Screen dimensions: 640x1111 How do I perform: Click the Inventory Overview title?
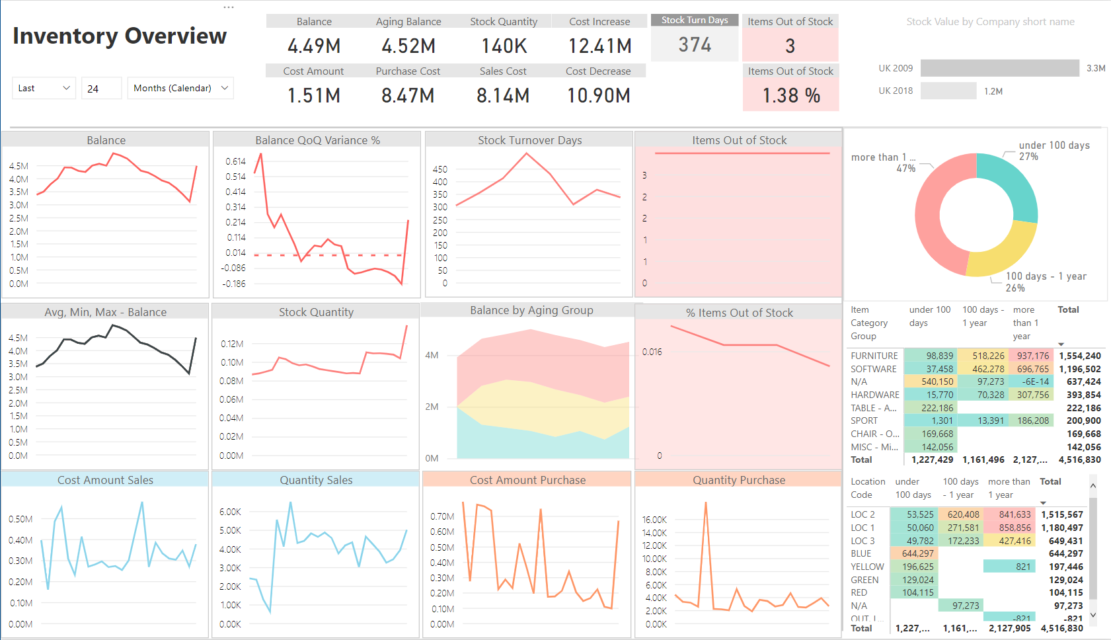coord(120,36)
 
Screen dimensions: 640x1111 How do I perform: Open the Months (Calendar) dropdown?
coord(180,88)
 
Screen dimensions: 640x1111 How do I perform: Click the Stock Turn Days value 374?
coord(695,45)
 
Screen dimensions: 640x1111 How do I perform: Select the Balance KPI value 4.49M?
coord(314,46)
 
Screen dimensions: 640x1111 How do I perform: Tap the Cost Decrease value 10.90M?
coord(598,96)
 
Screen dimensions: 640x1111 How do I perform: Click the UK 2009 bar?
coord(999,68)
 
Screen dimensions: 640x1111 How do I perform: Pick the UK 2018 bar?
coord(948,91)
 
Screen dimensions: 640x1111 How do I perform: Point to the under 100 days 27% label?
coord(1054,151)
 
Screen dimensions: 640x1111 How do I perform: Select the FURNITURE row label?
coord(874,356)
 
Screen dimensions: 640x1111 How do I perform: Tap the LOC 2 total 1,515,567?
coord(1061,514)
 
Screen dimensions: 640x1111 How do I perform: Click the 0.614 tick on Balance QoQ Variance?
coord(235,161)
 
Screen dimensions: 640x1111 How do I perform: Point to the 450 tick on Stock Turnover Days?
coord(440,169)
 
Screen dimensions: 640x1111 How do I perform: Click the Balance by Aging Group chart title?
coord(531,310)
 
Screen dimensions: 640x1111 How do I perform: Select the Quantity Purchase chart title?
coord(738,480)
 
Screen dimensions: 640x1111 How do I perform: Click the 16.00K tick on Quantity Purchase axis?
coord(654,520)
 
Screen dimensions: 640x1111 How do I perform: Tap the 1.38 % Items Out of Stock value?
coord(791,96)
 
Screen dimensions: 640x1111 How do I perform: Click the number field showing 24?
coord(100,88)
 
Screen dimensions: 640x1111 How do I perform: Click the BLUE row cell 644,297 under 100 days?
coord(917,553)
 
